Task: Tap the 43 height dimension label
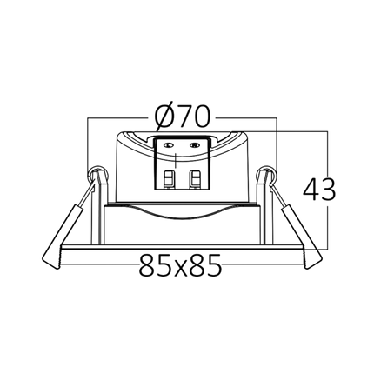pyautogui.click(x=319, y=190)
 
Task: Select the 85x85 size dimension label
pyautogui.click(x=180, y=265)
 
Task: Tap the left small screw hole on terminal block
pyautogui.click(x=168, y=144)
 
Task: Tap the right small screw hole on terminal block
pyautogui.click(x=194, y=144)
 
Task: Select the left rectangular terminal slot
pyautogui.click(x=169, y=179)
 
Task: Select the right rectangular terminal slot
pyautogui.click(x=195, y=179)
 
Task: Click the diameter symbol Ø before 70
pyautogui.click(x=164, y=116)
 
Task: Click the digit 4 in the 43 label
pyautogui.click(x=311, y=190)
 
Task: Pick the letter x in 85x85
pyautogui.click(x=180, y=268)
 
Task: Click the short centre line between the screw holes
pyautogui.click(x=177, y=160)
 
